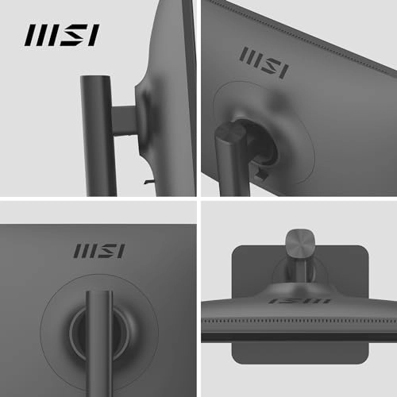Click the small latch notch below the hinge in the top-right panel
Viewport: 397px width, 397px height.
point(263,168)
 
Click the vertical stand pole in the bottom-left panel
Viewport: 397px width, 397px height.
point(99,341)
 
